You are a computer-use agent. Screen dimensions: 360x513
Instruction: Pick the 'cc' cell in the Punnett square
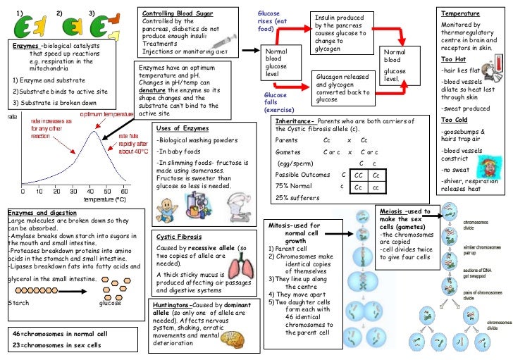click(x=376, y=187)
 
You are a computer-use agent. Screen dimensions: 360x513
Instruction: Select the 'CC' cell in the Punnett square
click(x=359, y=174)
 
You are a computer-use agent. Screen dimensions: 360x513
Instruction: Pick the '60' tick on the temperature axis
click(x=124, y=191)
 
